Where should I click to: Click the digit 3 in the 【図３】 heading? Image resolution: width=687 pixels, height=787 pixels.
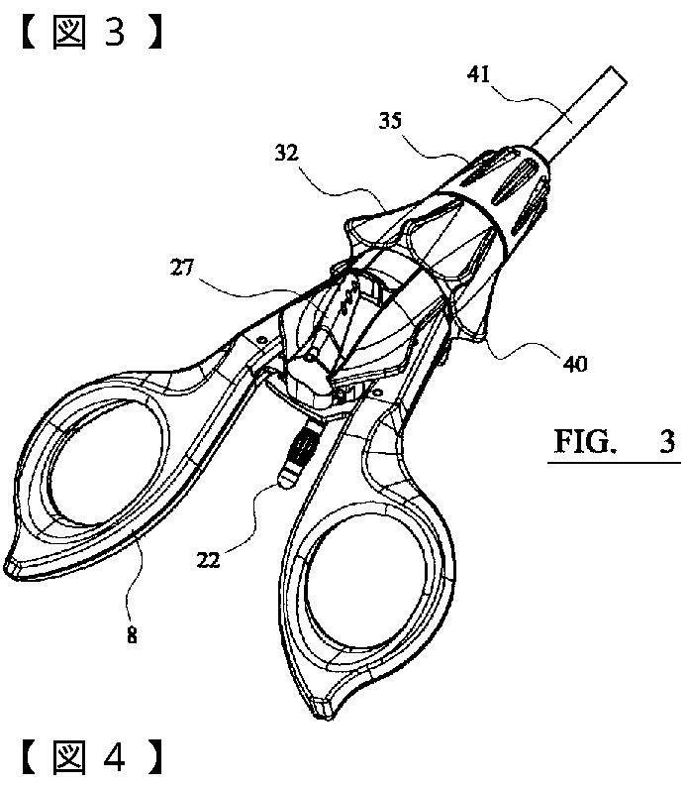[x=114, y=32]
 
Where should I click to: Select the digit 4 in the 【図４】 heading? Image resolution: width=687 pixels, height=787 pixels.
[x=114, y=758]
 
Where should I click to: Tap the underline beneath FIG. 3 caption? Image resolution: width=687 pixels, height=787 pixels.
[x=615, y=461]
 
